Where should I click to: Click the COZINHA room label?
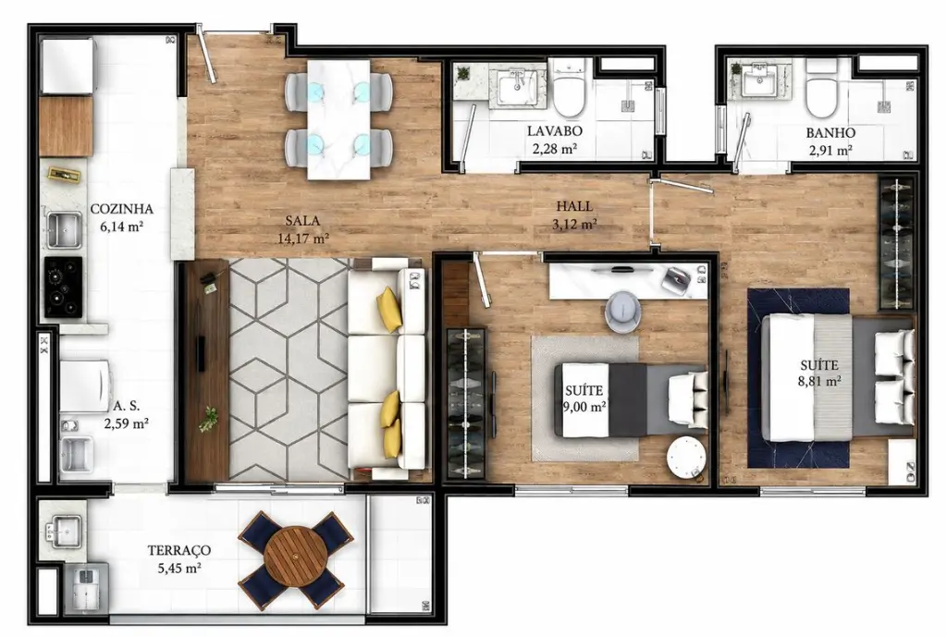pyautogui.click(x=121, y=209)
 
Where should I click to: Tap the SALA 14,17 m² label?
pyautogui.click(x=302, y=229)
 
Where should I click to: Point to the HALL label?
pyautogui.click(x=574, y=206)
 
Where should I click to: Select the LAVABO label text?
pyautogui.click(x=555, y=131)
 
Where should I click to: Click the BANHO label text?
pyautogui.click(x=830, y=133)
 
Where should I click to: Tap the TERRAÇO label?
pyautogui.click(x=179, y=551)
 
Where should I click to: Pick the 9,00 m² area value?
pyautogui.click(x=584, y=407)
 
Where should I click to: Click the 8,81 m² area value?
pyautogui.click(x=819, y=381)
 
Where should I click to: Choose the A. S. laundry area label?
pyautogui.click(x=126, y=407)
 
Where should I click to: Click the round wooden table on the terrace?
pyautogui.click(x=295, y=557)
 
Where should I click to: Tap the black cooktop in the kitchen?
pyautogui.click(x=63, y=288)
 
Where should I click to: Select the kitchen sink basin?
pyautogui.click(x=64, y=230)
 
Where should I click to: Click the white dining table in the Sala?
pyautogui.click(x=338, y=119)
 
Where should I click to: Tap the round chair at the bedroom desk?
pyautogui.click(x=622, y=311)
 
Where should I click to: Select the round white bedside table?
pyautogui.click(x=686, y=457)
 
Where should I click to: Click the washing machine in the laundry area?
pyautogui.click(x=84, y=386)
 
